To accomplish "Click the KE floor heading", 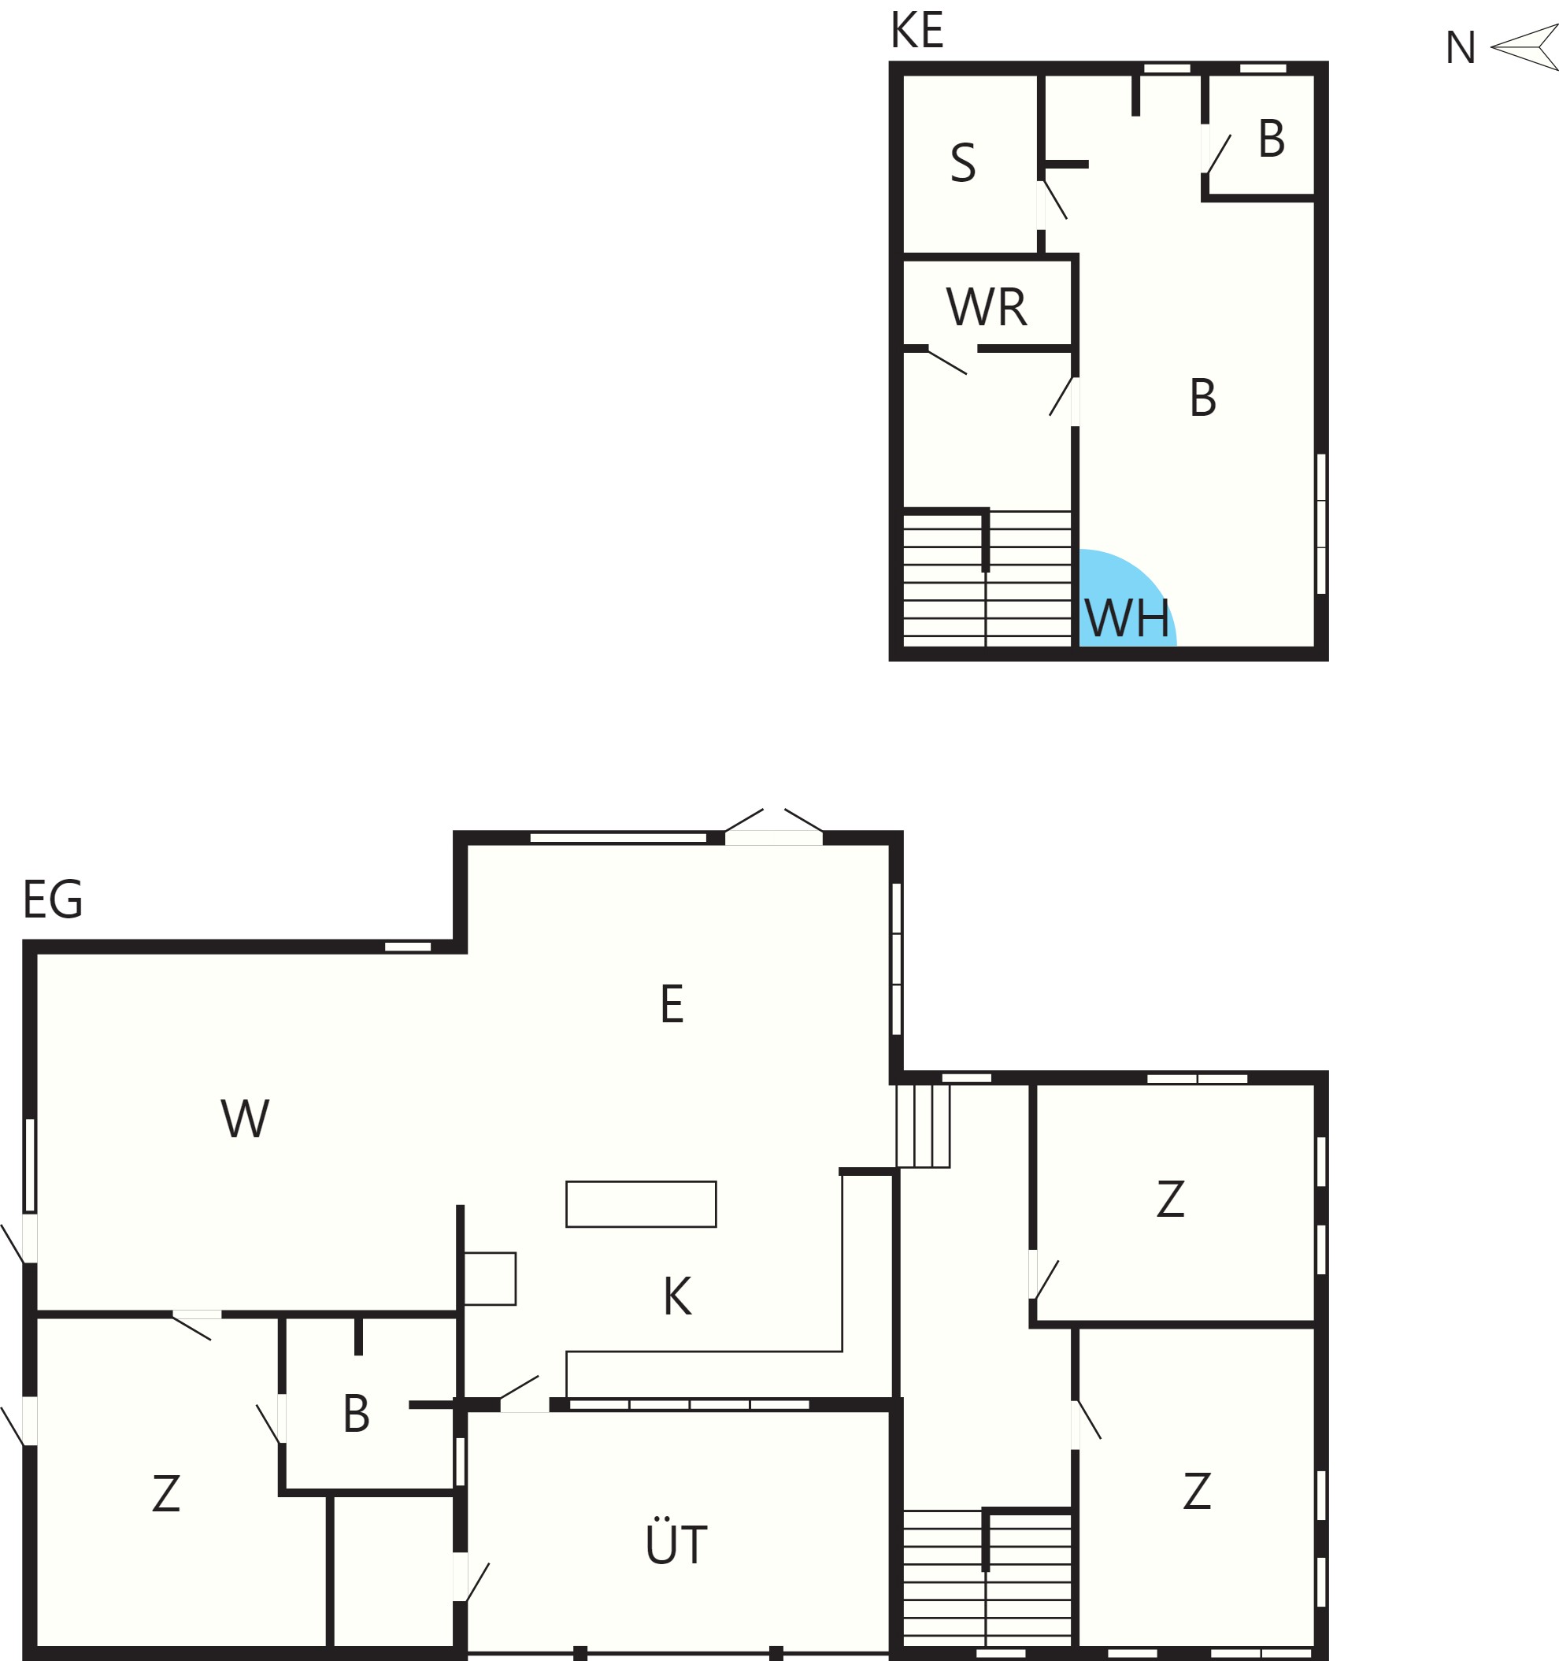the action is coord(917,30).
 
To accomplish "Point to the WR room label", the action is coord(986,306).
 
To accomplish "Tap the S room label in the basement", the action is coord(962,163).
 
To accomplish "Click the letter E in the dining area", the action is coord(672,1003).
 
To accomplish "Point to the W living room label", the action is coord(245,1118).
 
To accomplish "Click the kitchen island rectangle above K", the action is coord(641,1204).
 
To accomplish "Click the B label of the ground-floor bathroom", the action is coord(356,1414).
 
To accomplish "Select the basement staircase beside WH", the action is coord(987,578).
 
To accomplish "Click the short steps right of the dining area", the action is coord(922,1125).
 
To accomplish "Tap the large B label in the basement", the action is coord(1202,398).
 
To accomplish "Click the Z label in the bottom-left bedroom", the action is coord(166,1493).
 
